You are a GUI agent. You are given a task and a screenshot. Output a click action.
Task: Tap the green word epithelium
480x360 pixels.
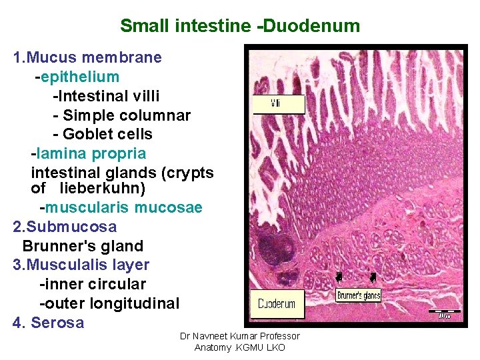(x=80, y=77)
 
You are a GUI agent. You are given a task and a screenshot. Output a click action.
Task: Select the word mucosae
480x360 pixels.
(x=168, y=208)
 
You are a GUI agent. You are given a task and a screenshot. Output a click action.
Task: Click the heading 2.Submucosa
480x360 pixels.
(x=65, y=227)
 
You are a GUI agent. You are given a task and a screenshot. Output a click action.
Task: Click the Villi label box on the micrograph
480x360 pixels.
(x=277, y=105)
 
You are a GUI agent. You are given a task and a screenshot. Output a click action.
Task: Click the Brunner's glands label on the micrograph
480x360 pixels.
(x=359, y=295)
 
